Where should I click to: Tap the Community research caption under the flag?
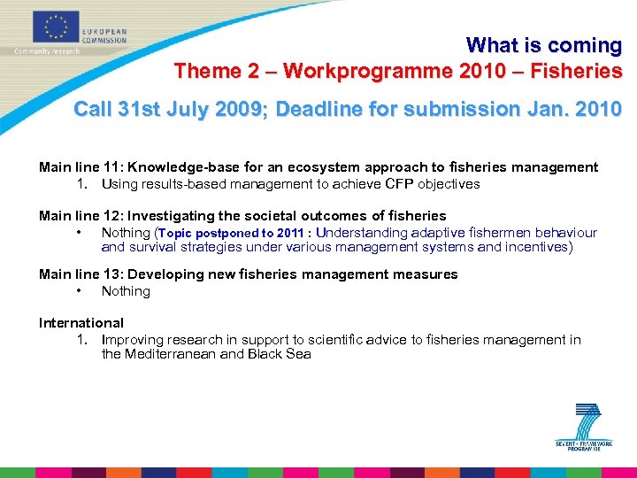tap(46, 51)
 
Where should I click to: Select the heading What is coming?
tap(544, 45)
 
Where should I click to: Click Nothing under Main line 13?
tap(126, 291)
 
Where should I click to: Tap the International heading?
tap(81, 323)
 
